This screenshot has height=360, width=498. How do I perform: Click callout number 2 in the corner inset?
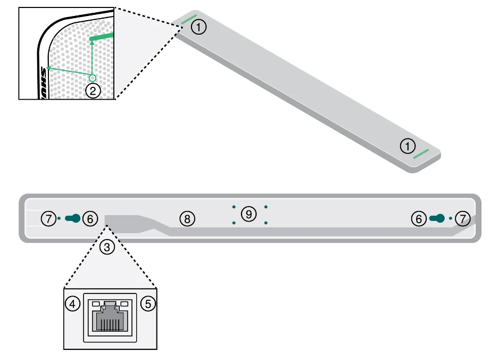(93, 91)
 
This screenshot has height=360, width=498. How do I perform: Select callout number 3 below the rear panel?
(108, 247)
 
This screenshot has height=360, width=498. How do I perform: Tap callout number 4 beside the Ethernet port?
(72, 304)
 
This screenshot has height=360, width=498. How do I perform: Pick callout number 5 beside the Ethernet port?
(148, 304)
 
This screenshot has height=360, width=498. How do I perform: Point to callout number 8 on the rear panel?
(187, 218)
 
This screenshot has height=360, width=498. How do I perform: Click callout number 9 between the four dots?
(248, 214)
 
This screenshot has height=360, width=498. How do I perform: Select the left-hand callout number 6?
(90, 218)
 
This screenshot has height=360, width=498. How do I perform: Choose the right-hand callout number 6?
(419, 218)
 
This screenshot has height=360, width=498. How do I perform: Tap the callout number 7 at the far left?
(49, 218)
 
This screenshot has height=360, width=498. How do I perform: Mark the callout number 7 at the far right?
(463, 218)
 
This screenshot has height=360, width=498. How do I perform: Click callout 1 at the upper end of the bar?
(198, 27)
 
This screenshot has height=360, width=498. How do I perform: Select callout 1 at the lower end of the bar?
(408, 145)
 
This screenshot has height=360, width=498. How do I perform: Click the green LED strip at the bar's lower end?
(422, 154)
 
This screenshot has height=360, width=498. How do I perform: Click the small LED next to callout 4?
(96, 304)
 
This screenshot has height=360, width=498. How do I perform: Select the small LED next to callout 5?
(124, 304)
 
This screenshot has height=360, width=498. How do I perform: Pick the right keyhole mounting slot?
(437, 218)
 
